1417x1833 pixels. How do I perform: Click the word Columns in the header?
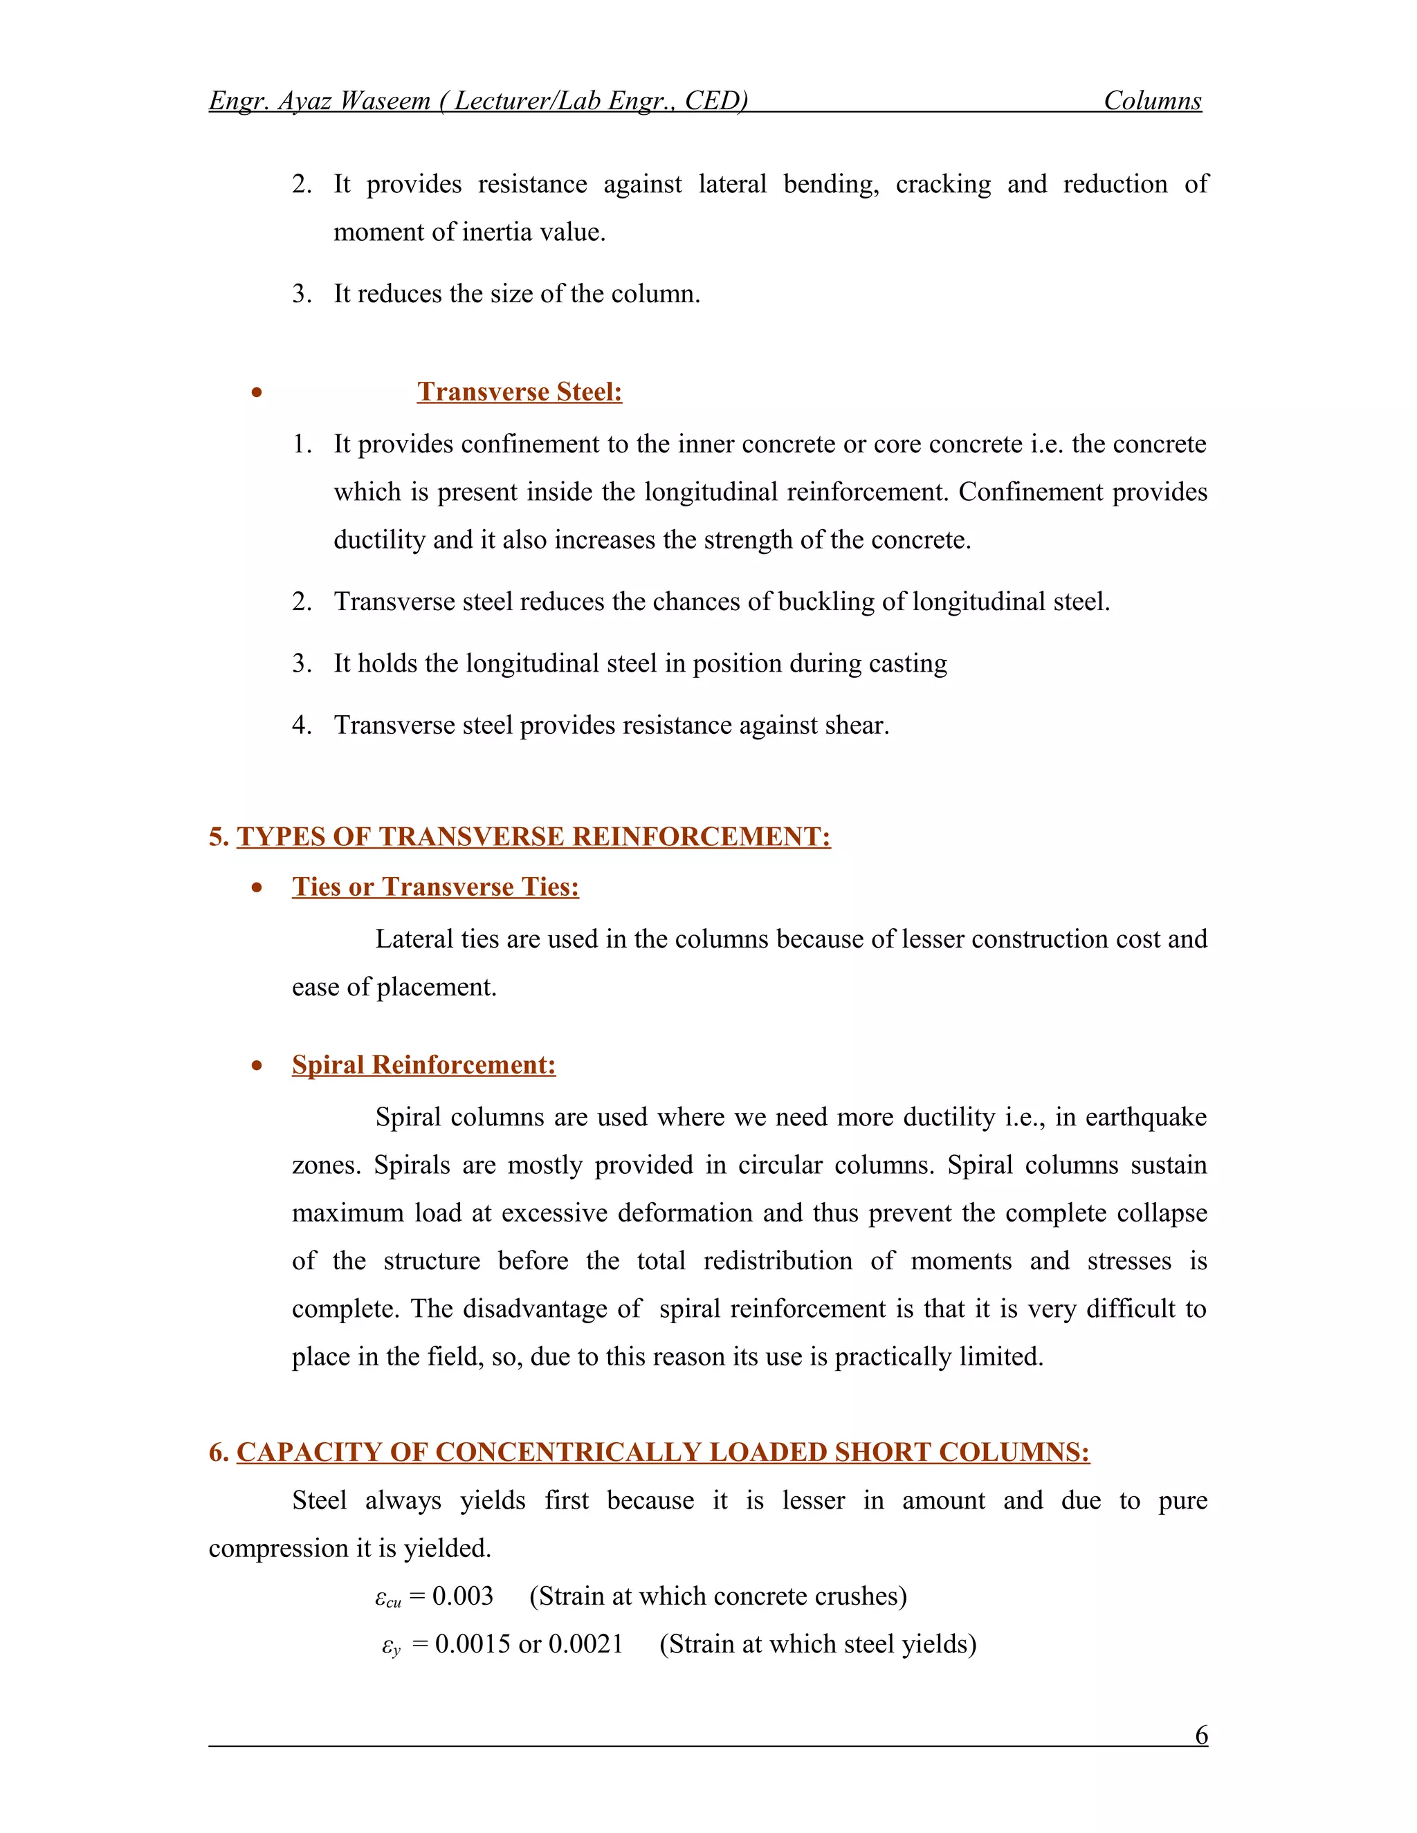1152,101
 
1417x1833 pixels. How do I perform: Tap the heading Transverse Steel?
519,392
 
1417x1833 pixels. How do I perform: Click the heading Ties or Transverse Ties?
435,887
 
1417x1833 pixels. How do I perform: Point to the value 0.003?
463,1596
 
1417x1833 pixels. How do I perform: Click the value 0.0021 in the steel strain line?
585,1643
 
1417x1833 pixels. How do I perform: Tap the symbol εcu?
388,1598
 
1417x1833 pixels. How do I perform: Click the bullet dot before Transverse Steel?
257,393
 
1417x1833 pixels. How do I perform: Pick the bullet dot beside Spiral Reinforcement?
257,1066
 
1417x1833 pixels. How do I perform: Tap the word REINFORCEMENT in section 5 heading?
701,837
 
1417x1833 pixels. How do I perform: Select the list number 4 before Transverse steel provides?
302,725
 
